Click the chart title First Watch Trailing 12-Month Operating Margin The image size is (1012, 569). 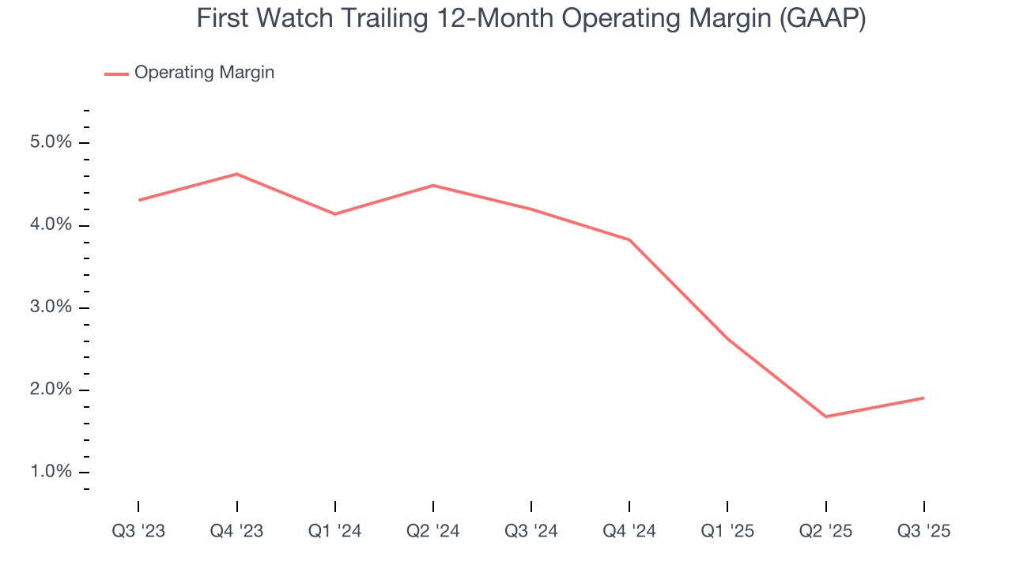531,19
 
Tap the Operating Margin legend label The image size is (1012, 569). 204,73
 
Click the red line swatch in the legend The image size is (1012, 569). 116,73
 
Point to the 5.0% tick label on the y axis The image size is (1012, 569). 51,143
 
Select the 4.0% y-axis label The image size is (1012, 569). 51,225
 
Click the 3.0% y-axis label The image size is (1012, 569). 51,307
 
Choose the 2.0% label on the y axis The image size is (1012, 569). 51,390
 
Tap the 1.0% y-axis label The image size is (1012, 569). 51,472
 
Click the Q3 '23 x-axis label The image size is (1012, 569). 138,531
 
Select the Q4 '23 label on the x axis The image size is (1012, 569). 236,531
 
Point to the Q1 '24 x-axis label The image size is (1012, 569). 335,531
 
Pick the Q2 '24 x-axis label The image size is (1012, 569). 433,531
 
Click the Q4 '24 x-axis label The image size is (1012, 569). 629,531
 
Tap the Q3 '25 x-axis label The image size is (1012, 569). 923,531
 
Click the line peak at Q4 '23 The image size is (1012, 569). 236,174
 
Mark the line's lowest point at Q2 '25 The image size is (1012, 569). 825,416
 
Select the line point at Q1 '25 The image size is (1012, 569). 727,339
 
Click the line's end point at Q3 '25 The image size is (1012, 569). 923,398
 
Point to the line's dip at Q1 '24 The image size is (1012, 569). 335,214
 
